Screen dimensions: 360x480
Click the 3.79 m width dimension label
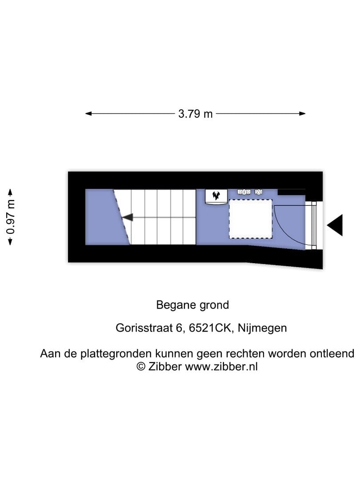[195, 114]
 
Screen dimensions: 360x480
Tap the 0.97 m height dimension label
[11, 217]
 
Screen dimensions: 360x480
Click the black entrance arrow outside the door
[335, 225]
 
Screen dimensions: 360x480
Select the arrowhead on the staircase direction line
[128, 217]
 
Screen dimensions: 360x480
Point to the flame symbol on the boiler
[216, 195]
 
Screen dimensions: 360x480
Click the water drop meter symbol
[259, 192]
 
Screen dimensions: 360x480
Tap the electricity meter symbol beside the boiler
[244, 192]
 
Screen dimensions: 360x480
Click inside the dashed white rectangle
[250, 219]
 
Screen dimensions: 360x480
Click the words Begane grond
[192, 305]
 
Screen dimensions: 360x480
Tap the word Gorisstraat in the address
[144, 328]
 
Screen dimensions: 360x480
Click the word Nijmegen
[262, 328]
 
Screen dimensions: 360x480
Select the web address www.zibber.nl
[221, 366]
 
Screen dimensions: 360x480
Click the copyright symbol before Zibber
[141, 366]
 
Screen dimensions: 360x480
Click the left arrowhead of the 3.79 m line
[88, 114]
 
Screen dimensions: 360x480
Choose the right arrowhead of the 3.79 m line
[302, 114]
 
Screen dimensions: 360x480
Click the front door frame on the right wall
[314, 225]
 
